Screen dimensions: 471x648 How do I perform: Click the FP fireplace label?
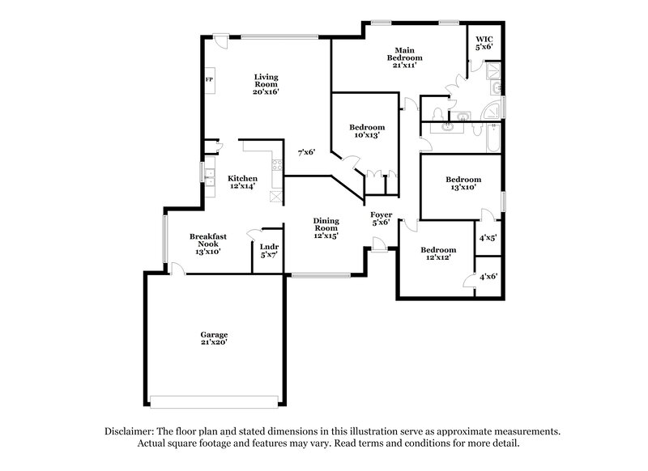tap(209, 80)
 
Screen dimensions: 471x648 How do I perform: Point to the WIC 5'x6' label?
tap(484, 42)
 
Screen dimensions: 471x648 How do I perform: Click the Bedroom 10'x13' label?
tap(367, 131)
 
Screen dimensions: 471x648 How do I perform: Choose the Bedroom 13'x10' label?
tap(463, 183)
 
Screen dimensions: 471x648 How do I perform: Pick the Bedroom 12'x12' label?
tap(438, 253)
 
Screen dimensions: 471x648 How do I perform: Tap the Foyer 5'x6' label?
tap(382, 219)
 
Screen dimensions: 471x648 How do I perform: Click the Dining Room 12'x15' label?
tap(326, 227)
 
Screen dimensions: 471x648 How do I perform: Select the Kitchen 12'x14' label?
tap(242, 182)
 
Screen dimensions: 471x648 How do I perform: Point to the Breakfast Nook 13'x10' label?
tap(207, 244)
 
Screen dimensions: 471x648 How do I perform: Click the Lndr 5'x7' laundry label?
tap(269, 251)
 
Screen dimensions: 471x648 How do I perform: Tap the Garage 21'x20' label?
tap(215, 338)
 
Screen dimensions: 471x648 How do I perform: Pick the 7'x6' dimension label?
tap(305, 152)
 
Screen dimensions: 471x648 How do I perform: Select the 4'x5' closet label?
tap(488, 238)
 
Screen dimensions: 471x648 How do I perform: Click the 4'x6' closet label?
tap(488, 276)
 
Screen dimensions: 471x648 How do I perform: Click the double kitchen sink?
tap(209, 177)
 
